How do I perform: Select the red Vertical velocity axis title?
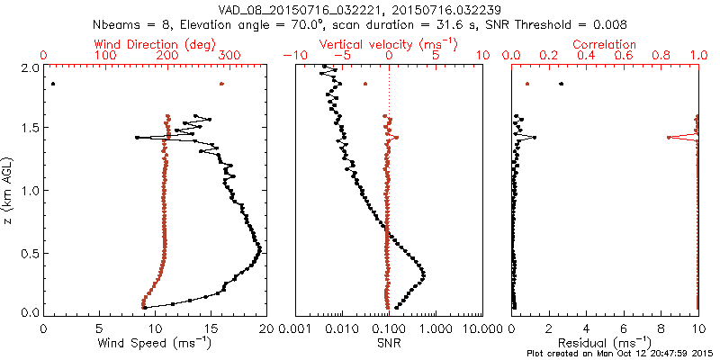coord(389,43)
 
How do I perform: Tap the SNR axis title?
coord(388,343)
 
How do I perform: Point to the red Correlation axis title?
coord(606,43)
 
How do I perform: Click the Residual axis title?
coord(605,343)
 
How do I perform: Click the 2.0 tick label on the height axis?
coord(29,67)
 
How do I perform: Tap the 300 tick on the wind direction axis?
coord(229,56)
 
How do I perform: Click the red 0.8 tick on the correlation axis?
coord(661,56)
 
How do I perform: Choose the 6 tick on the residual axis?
coord(624,329)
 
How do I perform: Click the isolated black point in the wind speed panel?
coord(53,85)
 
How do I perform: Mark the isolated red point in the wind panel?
coord(221,85)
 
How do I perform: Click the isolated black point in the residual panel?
coord(562,85)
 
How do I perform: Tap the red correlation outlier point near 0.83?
coord(668,138)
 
